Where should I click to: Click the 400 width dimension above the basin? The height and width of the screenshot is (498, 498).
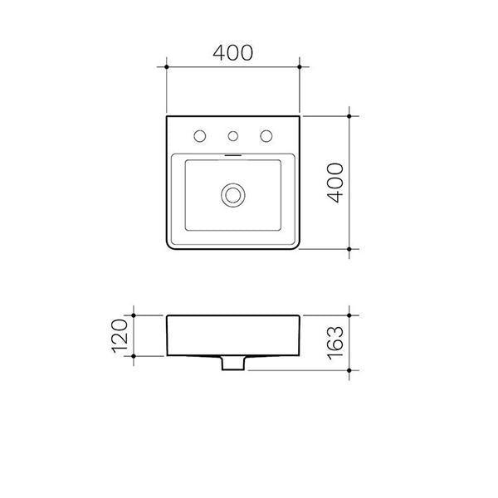click(232, 52)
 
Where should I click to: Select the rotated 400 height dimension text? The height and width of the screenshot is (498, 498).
click(334, 183)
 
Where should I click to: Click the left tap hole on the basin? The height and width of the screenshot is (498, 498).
click(200, 135)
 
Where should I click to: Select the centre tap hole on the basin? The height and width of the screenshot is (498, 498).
click(233, 135)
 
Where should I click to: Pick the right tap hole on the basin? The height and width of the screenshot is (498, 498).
click(266, 135)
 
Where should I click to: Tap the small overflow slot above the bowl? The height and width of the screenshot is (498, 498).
click(233, 154)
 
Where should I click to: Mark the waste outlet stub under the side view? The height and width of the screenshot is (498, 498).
click(233, 362)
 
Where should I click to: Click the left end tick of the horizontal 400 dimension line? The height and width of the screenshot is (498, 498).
click(168, 66)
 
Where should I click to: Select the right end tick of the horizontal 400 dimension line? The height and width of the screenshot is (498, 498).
click(300, 66)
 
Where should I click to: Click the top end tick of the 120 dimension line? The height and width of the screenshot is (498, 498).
click(134, 316)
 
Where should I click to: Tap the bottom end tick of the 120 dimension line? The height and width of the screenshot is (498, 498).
click(134, 355)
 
